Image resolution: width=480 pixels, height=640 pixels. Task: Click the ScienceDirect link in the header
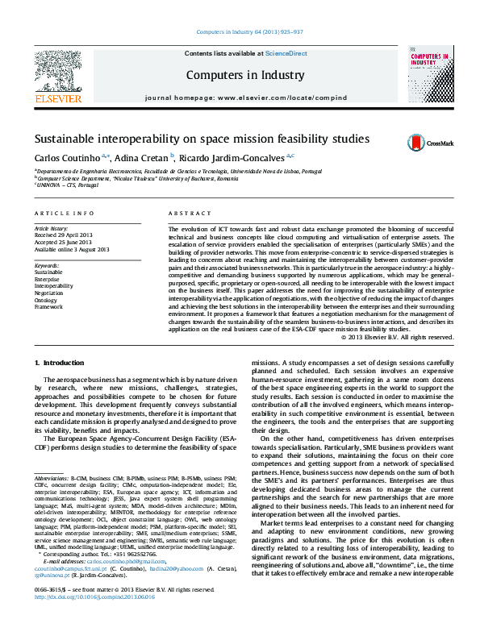coord(286,53)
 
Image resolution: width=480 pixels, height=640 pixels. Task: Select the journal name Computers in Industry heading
coord(246,75)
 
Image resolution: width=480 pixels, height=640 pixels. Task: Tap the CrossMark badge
coord(424,141)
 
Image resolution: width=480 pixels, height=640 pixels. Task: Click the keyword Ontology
coord(48,300)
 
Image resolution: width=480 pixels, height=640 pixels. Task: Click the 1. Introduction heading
coord(62,364)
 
